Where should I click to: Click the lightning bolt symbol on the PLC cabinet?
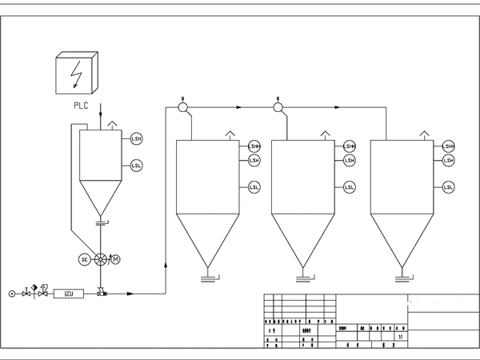tap(75, 72)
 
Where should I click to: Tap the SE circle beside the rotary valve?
tap(85, 259)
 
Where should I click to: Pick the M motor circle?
tap(115, 259)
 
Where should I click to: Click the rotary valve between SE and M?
tap(100, 259)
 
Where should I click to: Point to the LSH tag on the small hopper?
tap(136, 139)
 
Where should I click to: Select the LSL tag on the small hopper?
tap(136, 166)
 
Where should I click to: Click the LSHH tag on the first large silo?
tap(254, 146)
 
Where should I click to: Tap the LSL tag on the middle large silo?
tap(350, 187)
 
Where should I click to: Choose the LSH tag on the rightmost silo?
tap(448, 161)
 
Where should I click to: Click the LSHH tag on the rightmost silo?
tap(448, 146)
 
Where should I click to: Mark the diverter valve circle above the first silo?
tap(182, 106)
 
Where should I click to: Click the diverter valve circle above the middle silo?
tap(278, 106)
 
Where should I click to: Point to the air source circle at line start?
tap(11, 294)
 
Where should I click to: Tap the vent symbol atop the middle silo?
tap(324, 134)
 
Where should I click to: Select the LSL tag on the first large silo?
tap(254, 187)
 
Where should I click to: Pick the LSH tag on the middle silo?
tap(350, 161)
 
